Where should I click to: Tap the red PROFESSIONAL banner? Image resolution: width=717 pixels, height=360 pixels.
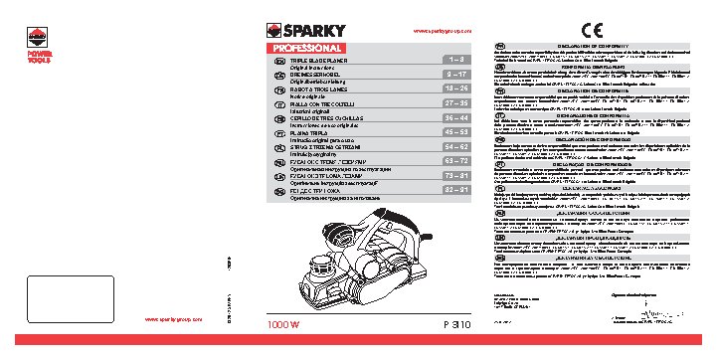[304, 48]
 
